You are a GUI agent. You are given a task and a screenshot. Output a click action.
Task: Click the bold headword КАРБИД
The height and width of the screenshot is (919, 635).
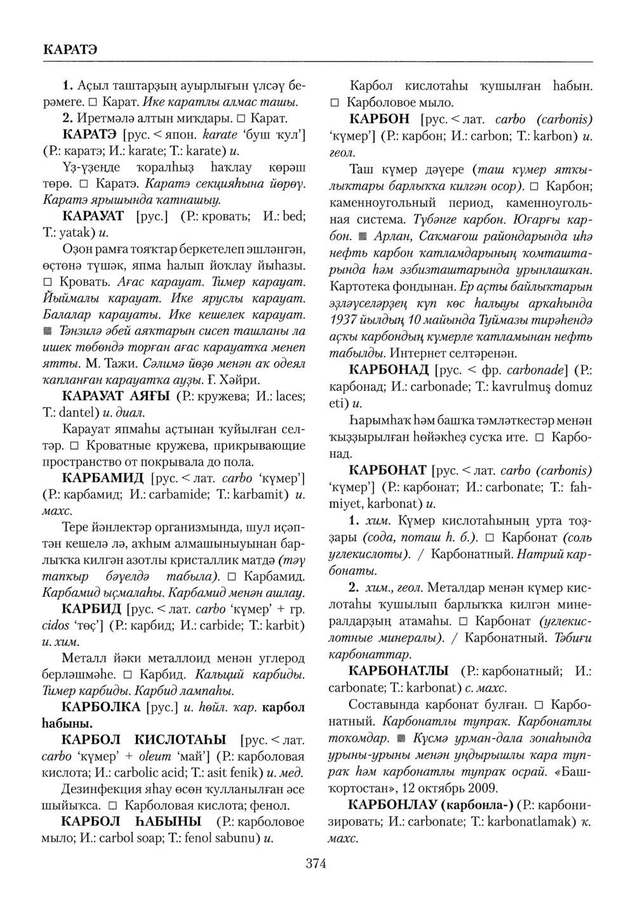pyautogui.click(x=92, y=610)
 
